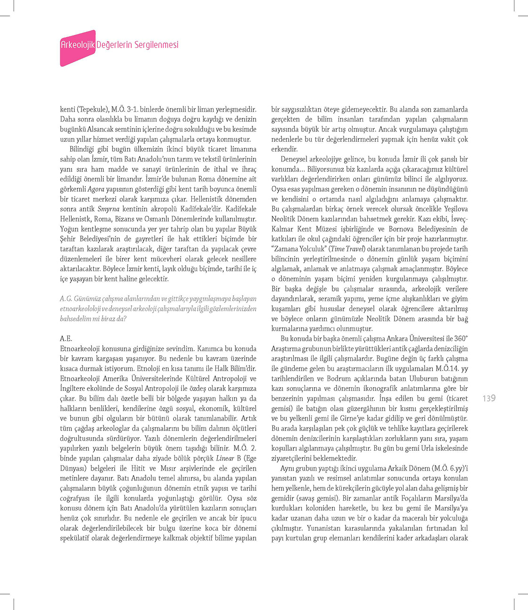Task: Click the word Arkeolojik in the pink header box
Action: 78,45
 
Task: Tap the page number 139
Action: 489,399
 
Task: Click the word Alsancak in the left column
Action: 101,129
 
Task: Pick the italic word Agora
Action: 97,189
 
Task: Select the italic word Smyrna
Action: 108,209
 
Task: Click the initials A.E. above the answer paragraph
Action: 66,339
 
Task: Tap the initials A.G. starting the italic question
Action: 66,299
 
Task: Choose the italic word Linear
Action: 225,458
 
